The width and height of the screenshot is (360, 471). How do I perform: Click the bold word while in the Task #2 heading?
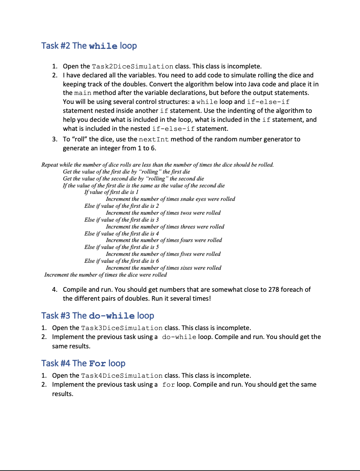point(103,46)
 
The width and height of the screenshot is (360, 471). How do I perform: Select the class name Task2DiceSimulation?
point(133,66)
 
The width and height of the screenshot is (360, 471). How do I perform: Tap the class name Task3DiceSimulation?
point(122,328)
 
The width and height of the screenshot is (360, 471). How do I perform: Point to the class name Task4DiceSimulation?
point(122,376)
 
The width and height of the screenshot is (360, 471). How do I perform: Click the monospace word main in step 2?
point(83,93)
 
